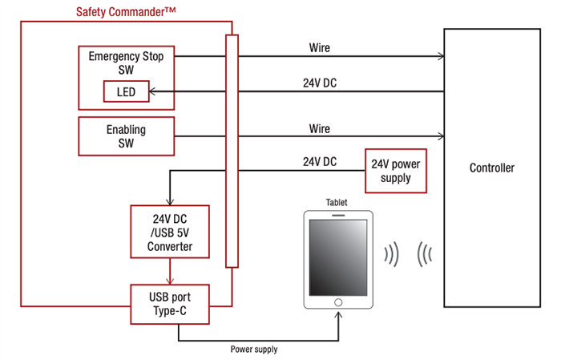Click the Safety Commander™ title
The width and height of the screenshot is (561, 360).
(126, 11)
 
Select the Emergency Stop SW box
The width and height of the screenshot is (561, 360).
(126, 64)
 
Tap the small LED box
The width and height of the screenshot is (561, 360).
(126, 92)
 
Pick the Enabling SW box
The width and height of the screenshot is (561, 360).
(126, 136)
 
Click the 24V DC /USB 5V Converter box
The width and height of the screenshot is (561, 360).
(170, 232)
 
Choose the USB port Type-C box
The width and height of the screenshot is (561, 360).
(170, 303)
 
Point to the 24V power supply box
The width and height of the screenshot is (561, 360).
(393, 170)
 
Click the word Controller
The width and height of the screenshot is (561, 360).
(491, 168)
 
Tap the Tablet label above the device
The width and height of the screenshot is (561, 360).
(337, 203)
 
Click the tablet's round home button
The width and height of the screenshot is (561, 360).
(337, 302)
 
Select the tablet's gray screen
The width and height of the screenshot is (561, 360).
(337, 256)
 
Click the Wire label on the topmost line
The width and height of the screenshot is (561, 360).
(319, 48)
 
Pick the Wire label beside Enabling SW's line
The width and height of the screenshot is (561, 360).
(319, 128)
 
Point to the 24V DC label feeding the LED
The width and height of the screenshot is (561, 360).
(319, 81)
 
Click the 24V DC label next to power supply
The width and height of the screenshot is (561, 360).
(319, 161)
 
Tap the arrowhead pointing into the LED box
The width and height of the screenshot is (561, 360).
(155, 92)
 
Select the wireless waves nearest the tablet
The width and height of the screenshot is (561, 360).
(391, 254)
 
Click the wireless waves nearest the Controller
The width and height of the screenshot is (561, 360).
(425, 254)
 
